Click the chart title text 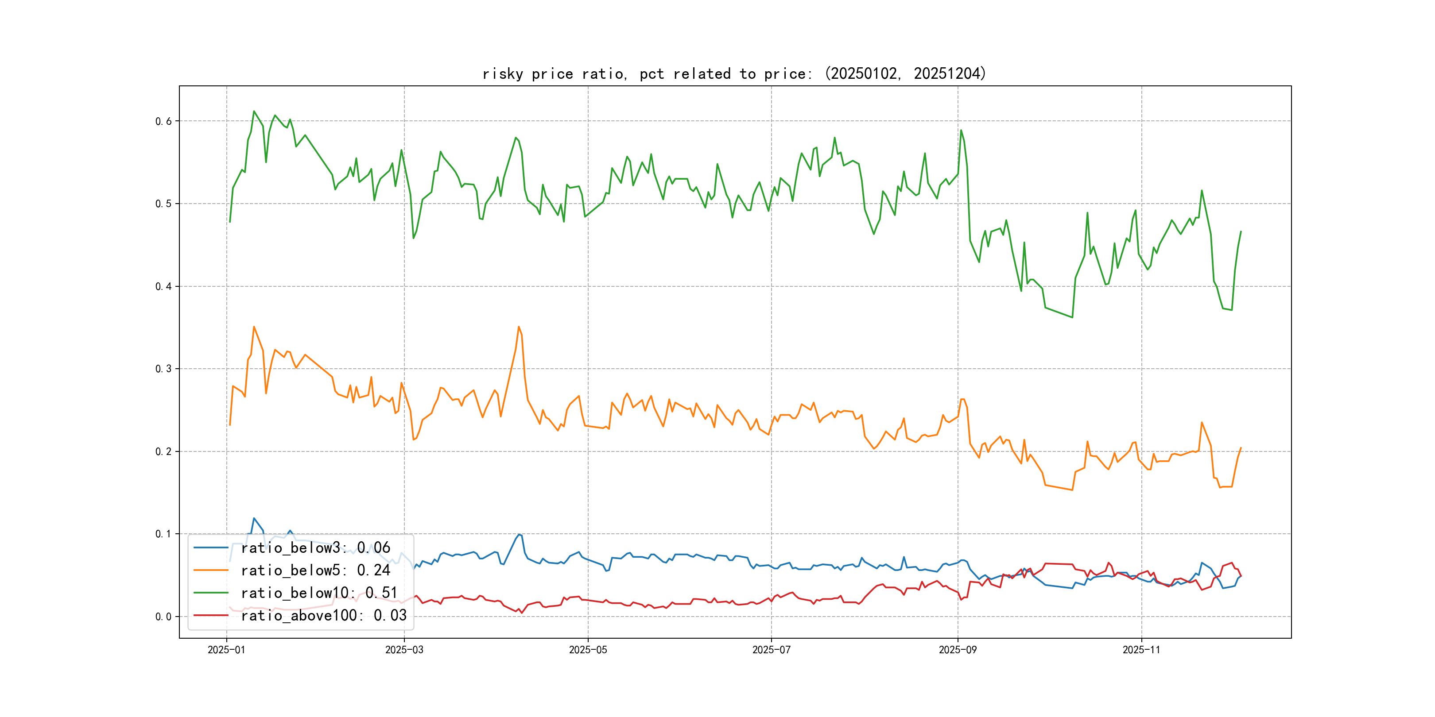tap(734, 73)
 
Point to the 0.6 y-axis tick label tap(163, 121)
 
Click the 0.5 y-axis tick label tap(163, 204)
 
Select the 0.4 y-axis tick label tap(163, 287)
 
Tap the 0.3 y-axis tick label tap(163, 369)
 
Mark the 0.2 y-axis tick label tap(163, 451)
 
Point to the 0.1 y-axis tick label tap(163, 534)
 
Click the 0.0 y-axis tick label tap(163, 617)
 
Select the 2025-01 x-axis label tap(226, 650)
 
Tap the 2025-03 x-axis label tap(404, 650)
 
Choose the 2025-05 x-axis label tap(588, 650)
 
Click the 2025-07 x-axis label tap(771, 650)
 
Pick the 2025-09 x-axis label tap(958, 650)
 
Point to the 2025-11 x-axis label tap(1141, 650)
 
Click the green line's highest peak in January tap(254, 112)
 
